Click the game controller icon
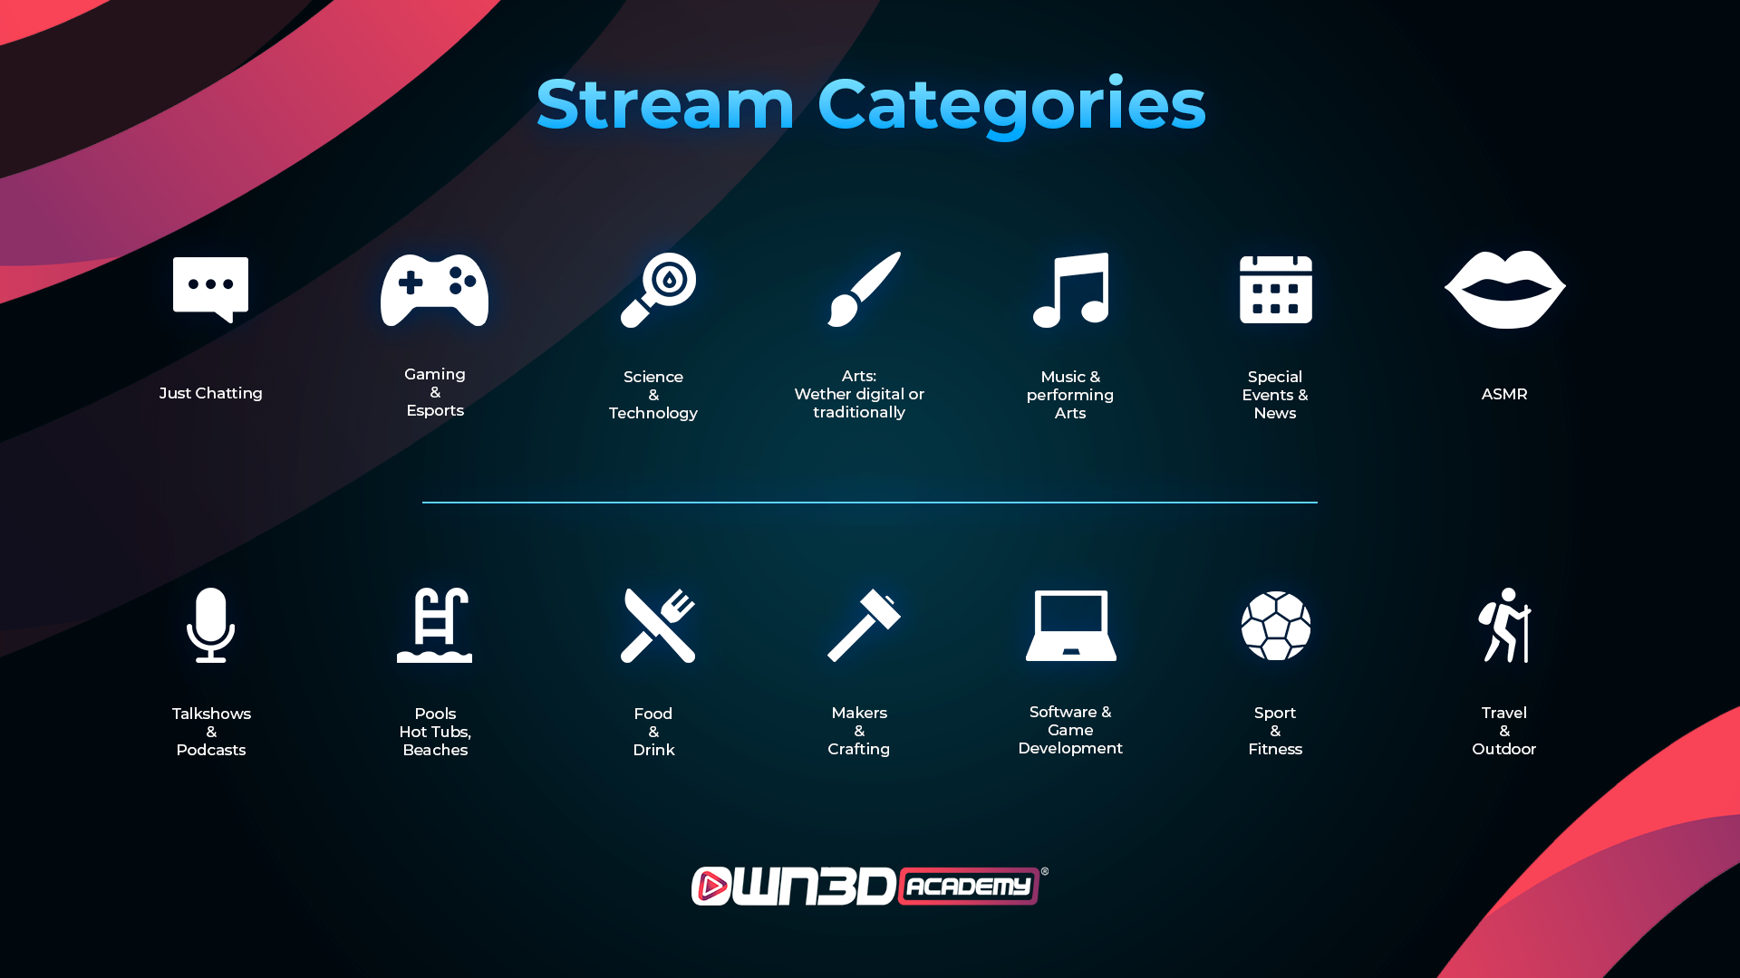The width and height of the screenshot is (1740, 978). click(x=434, y=290)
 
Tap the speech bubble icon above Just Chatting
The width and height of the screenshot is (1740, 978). click(x=210, y=289)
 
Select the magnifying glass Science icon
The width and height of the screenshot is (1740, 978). click(x=658, y=290)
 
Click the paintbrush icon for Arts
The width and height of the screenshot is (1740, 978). click(x=864, y=289)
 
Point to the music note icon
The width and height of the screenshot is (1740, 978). click(x=1071, y=290)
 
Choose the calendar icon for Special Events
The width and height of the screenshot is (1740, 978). click(x=1276, y=289)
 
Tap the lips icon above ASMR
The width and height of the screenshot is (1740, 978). click(x=1504, y=290)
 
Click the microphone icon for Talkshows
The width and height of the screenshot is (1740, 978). click(x=211, y=625)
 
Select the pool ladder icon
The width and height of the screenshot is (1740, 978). click(x=435, y=625)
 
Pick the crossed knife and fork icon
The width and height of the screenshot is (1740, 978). click(x=658, y=625)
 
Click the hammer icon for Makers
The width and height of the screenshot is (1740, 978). click(x=864, y=625)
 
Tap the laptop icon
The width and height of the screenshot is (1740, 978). click(x=1071, y=626)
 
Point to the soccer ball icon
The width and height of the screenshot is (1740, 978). click(x=1276, y=626)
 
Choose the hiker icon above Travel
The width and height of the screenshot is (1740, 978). click(x=1504, y=625)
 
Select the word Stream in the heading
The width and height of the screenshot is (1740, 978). click(x=665, y=104)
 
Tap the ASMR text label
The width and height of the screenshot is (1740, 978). click(x=1504, y=394)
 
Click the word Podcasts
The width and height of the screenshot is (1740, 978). click(x=211, y=750)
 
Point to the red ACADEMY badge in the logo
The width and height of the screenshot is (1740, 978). click(x=969, y=887)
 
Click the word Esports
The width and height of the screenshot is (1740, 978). click(x=435, y=410)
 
